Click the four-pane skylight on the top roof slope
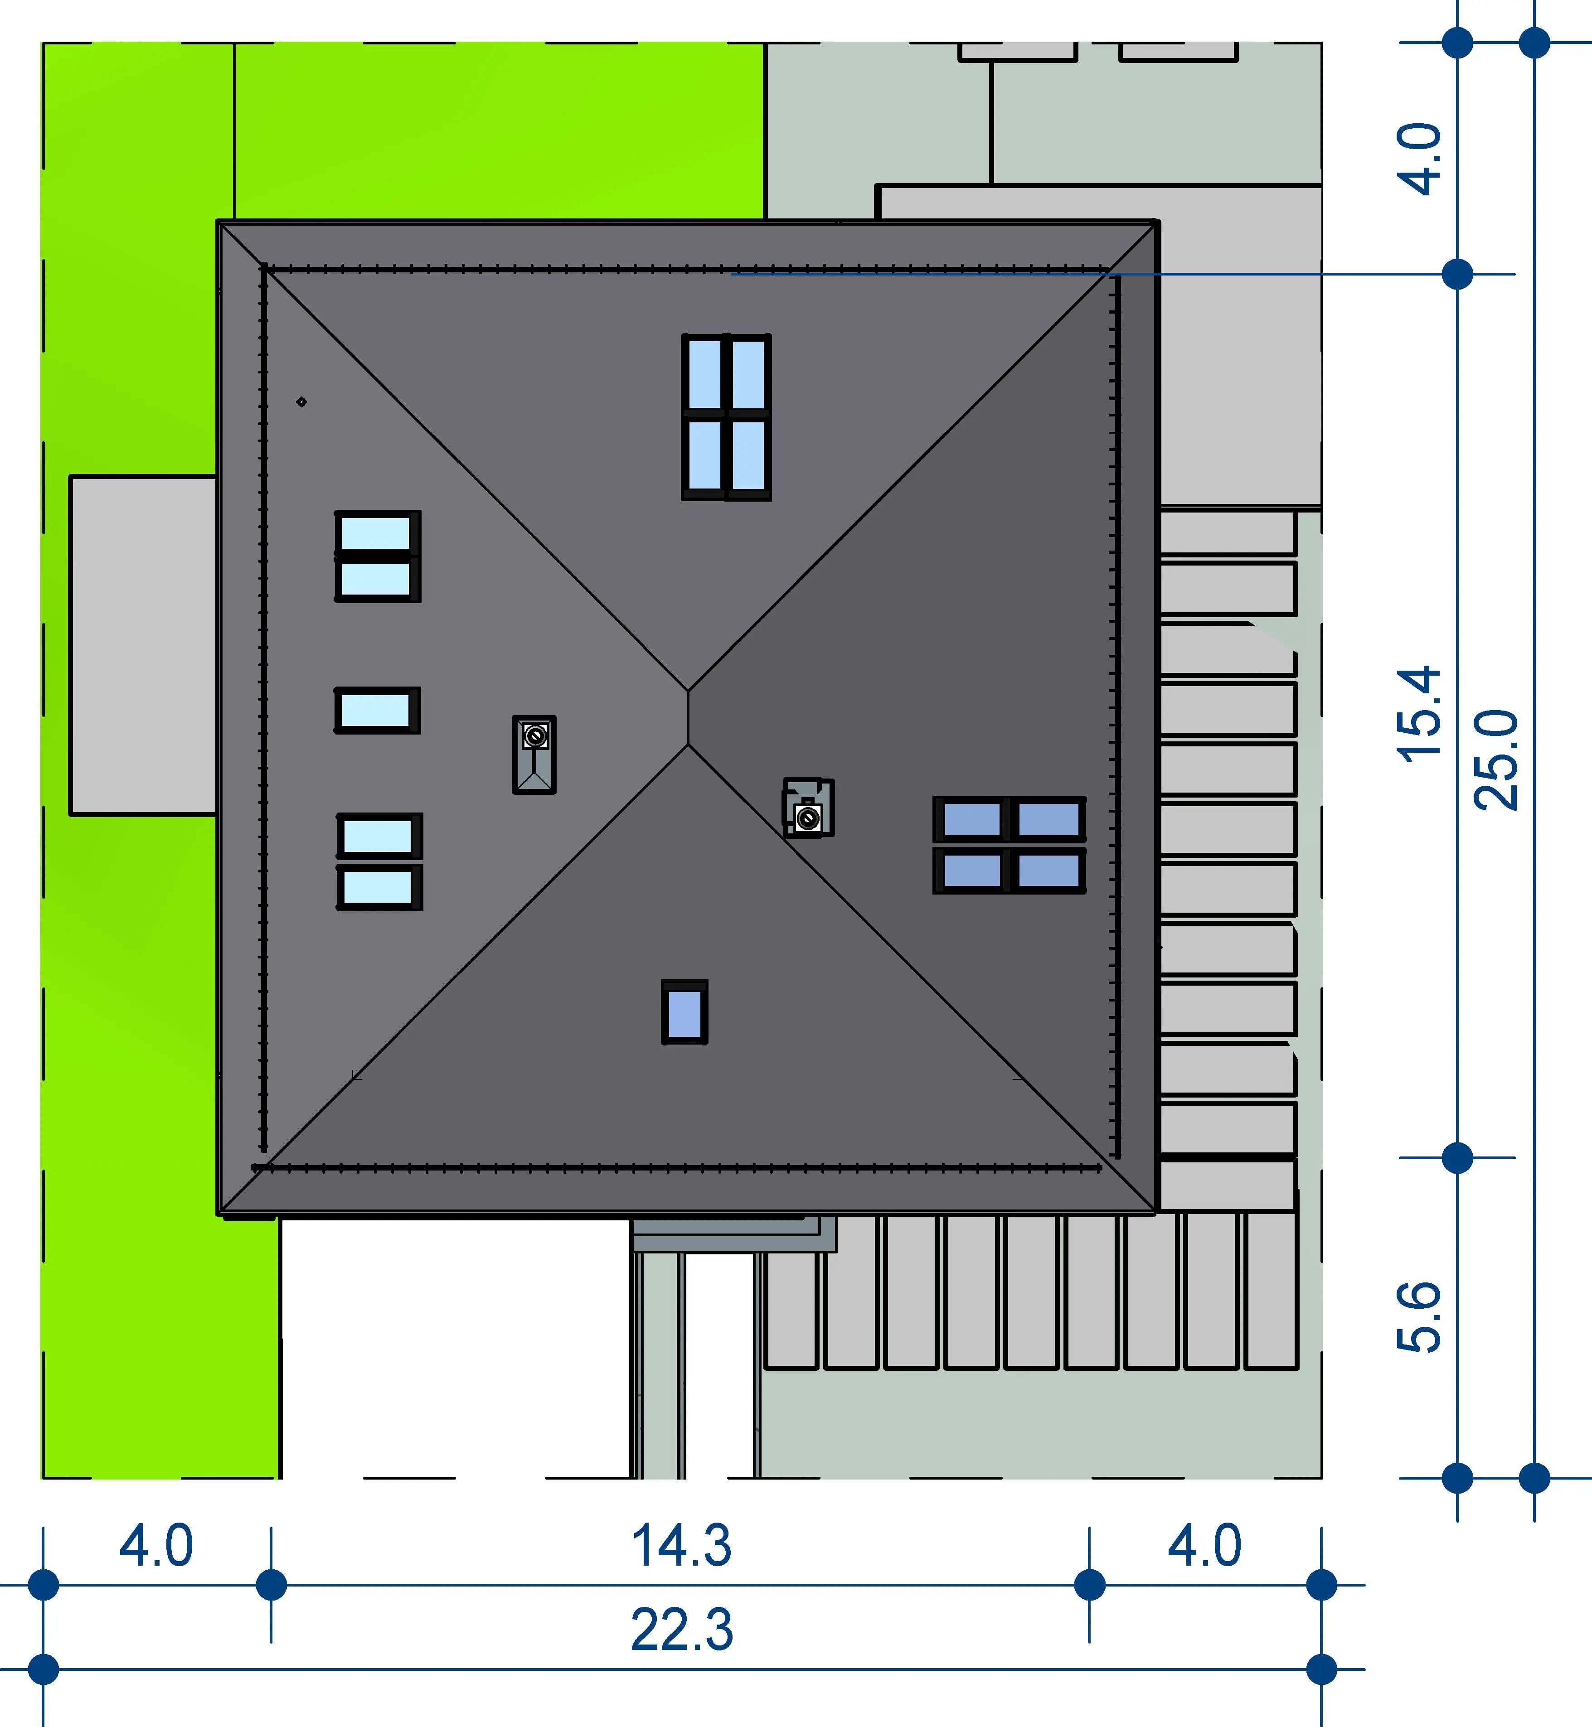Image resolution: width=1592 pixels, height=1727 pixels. click(726, 417)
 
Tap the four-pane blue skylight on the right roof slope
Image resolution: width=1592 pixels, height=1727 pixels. click(1010, 844)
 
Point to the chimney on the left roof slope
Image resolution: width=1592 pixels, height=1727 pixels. click(534, 755)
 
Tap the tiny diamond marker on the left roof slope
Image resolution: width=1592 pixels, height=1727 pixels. click(301, 402)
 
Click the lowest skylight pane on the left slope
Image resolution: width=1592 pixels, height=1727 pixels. click(379, 887)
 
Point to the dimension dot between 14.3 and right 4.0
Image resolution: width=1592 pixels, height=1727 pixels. click(1090, 1584)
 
